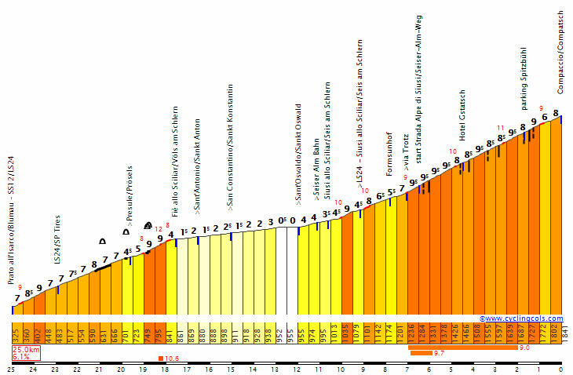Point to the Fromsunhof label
pos(390,154)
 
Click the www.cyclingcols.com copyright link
pos(524,319)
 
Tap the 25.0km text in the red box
pos(25,349)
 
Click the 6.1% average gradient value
pos(20,356)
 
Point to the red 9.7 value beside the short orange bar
pos(440,354)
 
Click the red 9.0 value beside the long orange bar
pos(524,347)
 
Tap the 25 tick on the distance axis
pos(11,370)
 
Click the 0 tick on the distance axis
pos(560,370)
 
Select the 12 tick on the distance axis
pos(297,370)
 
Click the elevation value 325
pos(16,333)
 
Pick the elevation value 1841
pos(565,333)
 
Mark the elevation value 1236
pos(411,333)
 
